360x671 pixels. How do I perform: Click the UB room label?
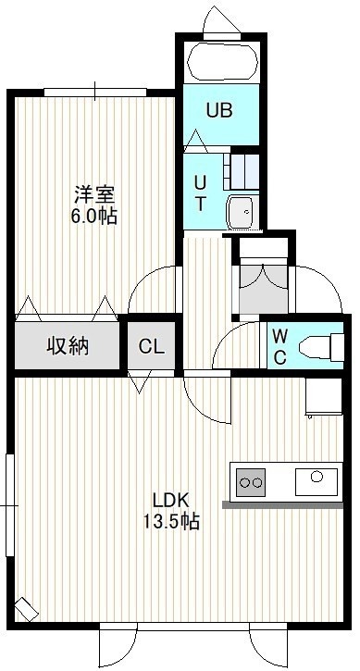219,110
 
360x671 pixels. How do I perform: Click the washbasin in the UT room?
242,212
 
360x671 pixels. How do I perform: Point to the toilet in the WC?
320,347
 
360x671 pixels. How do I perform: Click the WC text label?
279,347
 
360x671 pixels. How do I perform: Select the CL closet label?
152,347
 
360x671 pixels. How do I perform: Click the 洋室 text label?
94,195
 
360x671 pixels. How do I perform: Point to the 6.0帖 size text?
93,216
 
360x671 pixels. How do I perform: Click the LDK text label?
170,499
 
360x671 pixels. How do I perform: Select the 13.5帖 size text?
171,521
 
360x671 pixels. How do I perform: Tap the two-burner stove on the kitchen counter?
251,482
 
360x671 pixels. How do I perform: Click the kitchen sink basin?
317,482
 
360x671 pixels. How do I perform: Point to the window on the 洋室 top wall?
95,92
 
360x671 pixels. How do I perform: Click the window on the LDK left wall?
10,505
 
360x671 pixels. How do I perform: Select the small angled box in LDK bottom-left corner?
27,609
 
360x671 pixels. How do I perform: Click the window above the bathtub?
222,35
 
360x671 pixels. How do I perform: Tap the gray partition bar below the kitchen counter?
282,505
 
